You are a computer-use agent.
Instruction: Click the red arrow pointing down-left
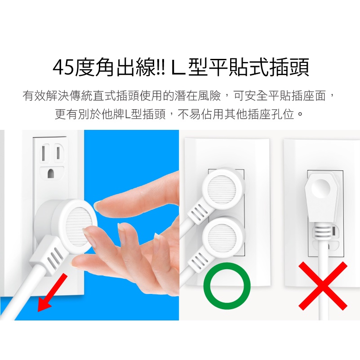coord(52,292)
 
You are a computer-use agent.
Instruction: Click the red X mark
coord(323,286)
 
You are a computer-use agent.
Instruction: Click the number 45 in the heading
coord(64,68)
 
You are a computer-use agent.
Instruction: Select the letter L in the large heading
coord(179,68)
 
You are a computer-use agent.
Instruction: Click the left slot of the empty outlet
coord(44,153)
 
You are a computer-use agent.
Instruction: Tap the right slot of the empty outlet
coord(58,153)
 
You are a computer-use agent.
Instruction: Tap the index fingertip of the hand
coord(97,205)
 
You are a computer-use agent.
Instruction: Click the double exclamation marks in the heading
coord(161,68)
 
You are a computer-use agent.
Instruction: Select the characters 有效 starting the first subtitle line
coord(34,96)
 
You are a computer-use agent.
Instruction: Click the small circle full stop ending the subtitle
coord(300,114)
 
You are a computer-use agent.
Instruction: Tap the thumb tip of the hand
coord(86,231)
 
